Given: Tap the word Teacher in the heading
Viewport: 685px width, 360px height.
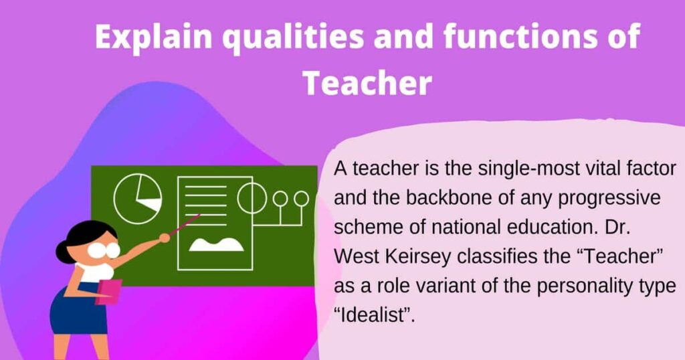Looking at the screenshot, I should coord(367,84).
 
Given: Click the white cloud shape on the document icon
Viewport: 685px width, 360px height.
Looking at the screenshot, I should coord(215,244).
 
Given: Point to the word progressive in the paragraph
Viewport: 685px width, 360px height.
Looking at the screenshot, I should coord(605,199).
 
